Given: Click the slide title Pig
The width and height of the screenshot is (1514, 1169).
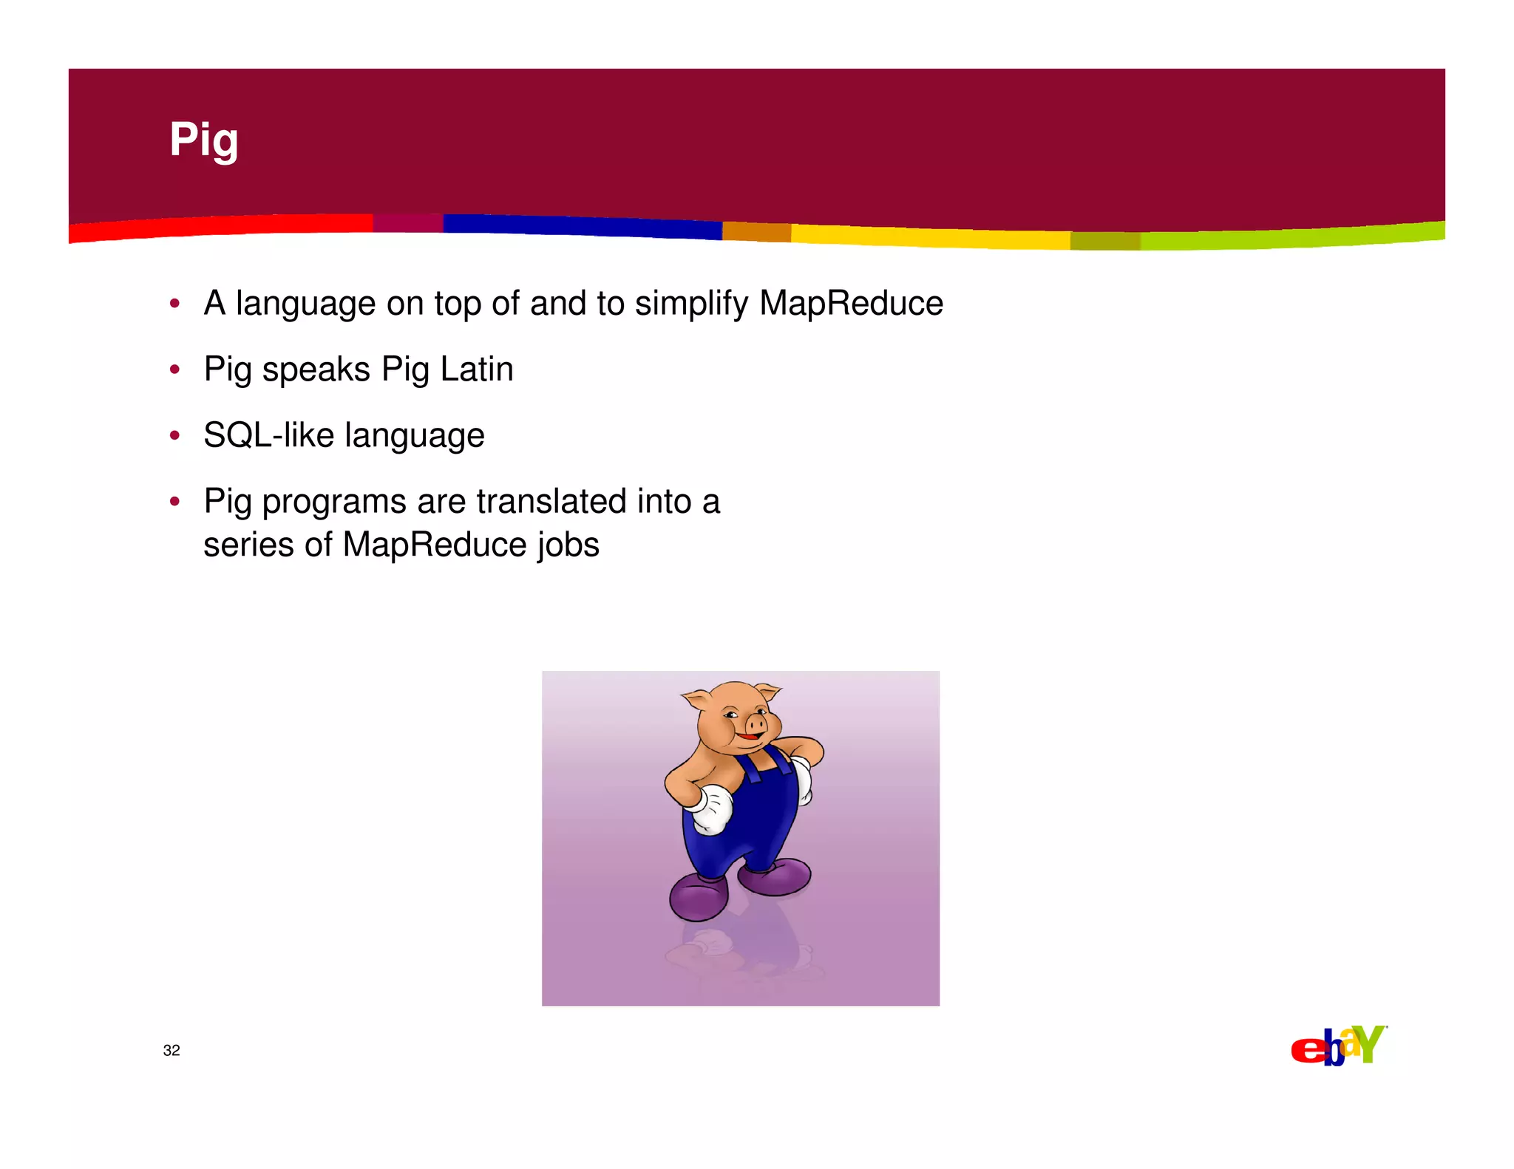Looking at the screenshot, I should pyautogui.click(x=203, y=140).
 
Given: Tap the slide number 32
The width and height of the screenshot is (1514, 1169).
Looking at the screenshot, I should pyautogui.click(x=172, y=1050).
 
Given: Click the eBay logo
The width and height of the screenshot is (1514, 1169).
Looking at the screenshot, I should pyautogui.click(x=1338, y=1046).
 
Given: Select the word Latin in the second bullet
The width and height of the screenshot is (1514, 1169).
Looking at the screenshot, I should pyautogui.click(x=477, y=369).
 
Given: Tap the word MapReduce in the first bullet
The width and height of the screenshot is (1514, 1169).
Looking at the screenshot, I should pyautogui.click(x=851, y=303).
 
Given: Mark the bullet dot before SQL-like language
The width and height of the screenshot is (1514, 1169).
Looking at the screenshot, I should pyautogui.click(x=174, y=435).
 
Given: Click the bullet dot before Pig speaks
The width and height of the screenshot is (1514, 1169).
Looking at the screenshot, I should pyautogui.click(x=174, y=369).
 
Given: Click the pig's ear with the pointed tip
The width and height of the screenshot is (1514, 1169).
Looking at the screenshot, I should pyautogui.click(x=767, y=693).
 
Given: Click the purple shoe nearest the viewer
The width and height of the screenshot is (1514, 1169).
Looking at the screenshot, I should pyautogui.click(x=698, y=896).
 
